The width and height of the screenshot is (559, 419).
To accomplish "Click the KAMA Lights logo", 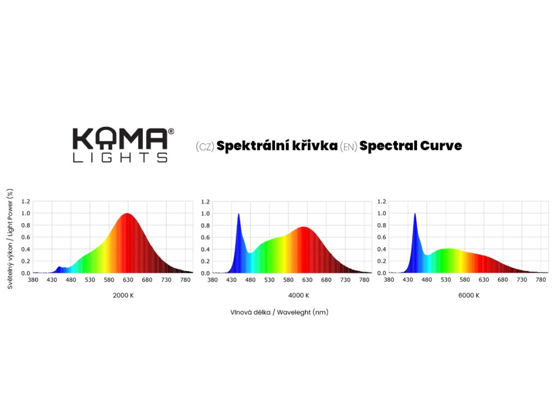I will coord(120,145).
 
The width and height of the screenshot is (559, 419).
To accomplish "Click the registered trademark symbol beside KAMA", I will coord(171,131).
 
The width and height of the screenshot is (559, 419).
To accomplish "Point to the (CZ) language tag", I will coord(205,146).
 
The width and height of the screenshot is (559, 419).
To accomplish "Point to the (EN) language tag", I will coord(348,146).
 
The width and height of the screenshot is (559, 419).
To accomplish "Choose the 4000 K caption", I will coord(299,296).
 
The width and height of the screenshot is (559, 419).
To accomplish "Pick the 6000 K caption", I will coord(469,296).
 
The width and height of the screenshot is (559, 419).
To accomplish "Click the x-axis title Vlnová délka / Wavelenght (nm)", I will coord(279,312).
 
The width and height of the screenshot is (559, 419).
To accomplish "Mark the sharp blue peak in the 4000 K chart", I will coord(239,214).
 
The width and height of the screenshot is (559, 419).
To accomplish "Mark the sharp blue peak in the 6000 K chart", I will coord(415,214).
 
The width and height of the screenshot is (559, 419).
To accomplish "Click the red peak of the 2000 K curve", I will coord(127,214).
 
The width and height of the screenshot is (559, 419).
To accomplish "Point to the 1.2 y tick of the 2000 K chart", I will coord(26,201).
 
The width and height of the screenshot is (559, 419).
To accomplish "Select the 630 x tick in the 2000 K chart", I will coord(128,280).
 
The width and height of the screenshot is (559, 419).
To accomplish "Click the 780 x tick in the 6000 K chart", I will coord(541,280).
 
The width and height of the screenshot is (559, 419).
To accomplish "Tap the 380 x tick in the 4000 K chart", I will coord(213,280).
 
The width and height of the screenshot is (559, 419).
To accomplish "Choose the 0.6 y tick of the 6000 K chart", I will coord(382,237).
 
